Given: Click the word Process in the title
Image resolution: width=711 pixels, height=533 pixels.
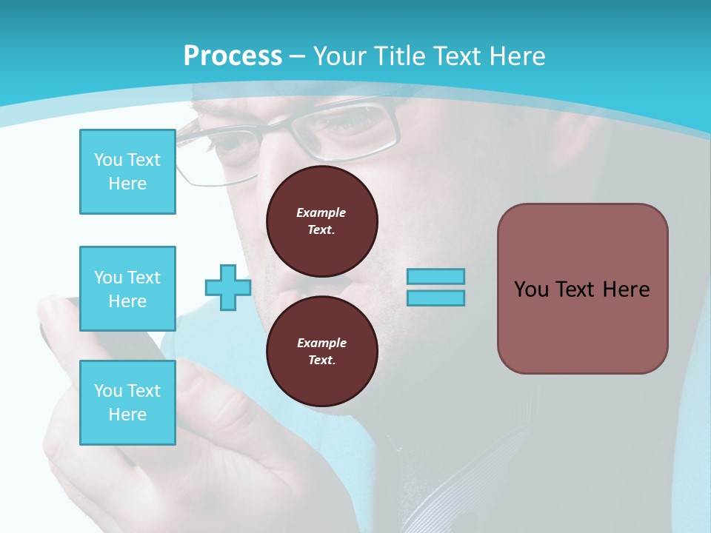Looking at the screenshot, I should (x=233, y=56).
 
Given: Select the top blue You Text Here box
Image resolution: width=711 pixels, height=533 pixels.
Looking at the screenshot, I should (x=127, y=172).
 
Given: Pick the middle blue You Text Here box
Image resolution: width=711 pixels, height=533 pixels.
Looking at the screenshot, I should (x=127, y=289).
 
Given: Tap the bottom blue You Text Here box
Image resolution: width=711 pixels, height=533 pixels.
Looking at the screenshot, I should (x=127, y=402).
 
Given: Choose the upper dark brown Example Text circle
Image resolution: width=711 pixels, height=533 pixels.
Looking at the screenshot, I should (x=321, y=221).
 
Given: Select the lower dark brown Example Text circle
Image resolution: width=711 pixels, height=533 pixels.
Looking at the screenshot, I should (x=321, y=351).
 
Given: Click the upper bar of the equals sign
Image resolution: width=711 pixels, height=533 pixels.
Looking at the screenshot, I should (x=435, y=277).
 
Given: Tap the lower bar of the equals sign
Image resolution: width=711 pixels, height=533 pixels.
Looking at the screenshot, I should (x=435, y=298).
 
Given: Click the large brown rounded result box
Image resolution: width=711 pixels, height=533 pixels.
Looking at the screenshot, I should (x=582, y=289).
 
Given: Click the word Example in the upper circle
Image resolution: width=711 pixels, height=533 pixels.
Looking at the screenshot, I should (x=321, y=212).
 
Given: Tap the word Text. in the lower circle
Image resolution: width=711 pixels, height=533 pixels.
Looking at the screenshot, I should (x=321, y=360).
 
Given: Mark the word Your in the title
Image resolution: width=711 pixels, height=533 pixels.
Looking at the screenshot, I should (x=338, y=56).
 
